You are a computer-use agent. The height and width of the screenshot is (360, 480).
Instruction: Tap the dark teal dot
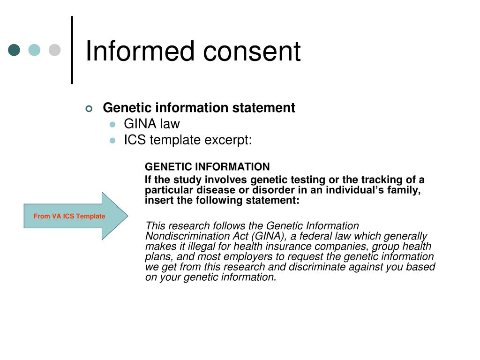15,50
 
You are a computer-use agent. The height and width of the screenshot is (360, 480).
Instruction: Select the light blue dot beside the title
35,50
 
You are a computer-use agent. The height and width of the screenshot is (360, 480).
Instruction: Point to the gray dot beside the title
55,50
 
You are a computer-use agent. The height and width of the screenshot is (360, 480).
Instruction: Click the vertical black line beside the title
72,50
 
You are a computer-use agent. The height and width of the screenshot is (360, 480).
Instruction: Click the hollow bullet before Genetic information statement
90,109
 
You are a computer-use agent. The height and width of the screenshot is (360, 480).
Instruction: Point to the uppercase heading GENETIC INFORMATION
207,167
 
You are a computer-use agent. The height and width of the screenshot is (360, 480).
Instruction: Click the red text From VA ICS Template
69,216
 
